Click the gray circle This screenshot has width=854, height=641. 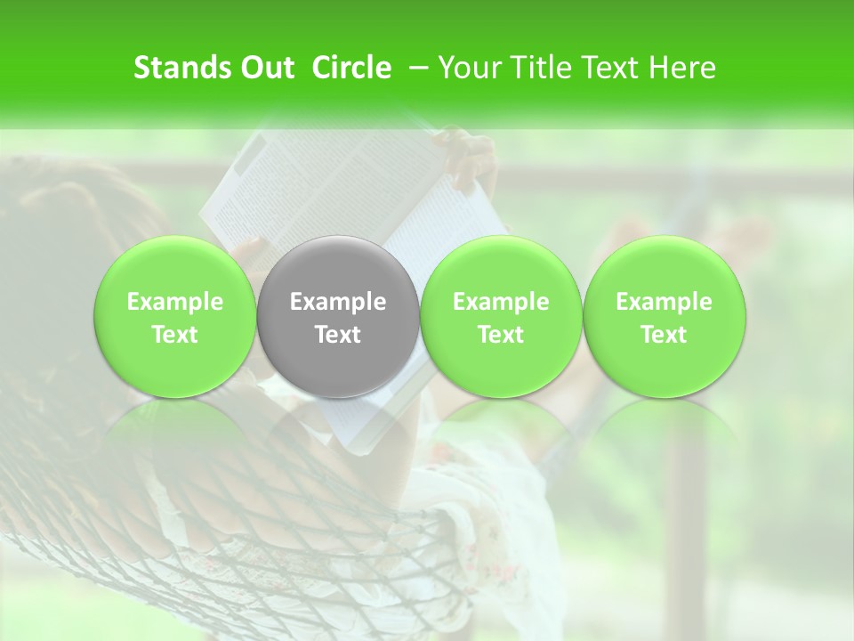tap(338, 267)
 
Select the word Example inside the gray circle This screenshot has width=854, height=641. tap(338, 302)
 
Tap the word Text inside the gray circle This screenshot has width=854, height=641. tap(338, 335)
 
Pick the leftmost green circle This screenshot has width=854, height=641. tap(175, 267)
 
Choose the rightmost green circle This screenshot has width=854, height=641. tap(664, 267)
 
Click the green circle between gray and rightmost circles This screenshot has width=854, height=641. tap(501, 267)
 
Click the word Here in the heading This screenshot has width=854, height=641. tap(685, 68)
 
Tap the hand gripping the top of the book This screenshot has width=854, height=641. tap(467, 156)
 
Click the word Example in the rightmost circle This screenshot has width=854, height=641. tap(664, 302)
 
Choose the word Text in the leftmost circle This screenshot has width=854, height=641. tap(175, 335)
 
